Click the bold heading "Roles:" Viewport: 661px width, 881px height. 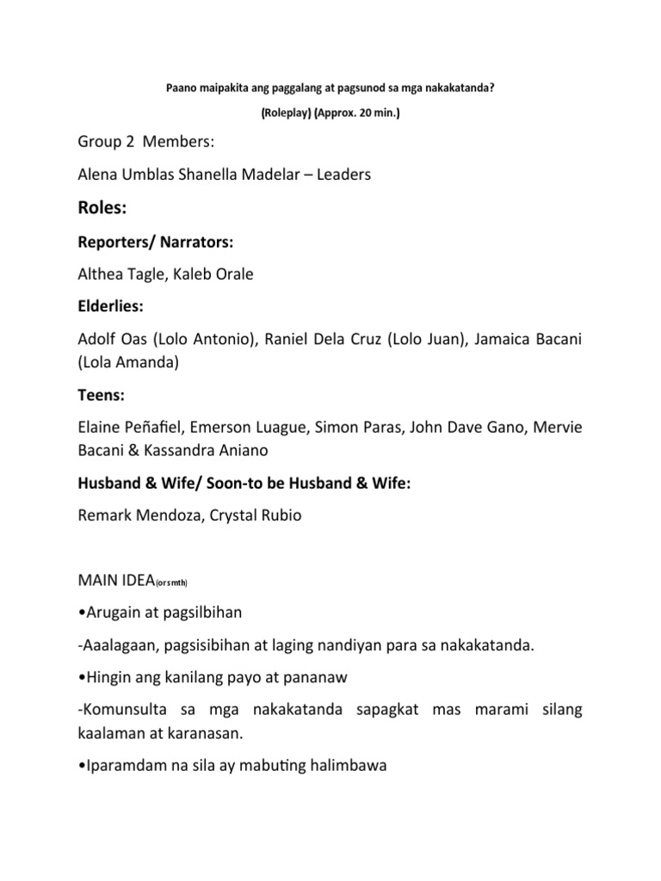(x=106, y=207)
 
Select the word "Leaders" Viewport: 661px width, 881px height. (x=343, y=174)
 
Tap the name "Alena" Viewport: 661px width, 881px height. (x=100, y=174)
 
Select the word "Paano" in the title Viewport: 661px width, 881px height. (x=177, y=88)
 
